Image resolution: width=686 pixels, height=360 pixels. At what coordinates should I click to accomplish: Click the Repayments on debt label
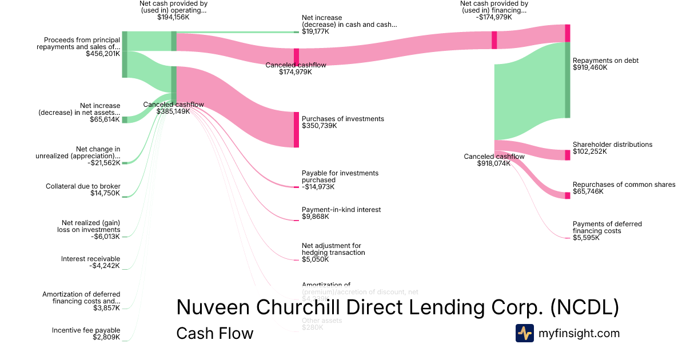pos(605,61)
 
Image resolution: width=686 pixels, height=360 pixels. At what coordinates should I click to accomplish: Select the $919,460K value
pos(590,67)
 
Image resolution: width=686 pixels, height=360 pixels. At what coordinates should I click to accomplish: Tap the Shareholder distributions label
pos(612,145)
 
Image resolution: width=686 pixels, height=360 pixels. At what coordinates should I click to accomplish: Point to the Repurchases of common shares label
pos(624,185)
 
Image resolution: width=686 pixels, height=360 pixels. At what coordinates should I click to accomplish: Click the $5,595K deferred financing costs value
pos(586,238)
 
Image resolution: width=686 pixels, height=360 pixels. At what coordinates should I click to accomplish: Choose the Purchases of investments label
pos(342,119)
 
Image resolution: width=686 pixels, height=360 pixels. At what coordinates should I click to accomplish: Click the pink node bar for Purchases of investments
pos(296,130)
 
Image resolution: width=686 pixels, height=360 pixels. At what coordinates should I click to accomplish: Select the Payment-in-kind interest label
pos(341,210)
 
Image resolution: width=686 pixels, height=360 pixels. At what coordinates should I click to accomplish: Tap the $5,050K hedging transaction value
pos(315,259)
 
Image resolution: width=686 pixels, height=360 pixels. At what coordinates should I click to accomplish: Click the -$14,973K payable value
pos(318,187)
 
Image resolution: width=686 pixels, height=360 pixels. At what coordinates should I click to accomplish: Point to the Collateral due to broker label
pos(83,186)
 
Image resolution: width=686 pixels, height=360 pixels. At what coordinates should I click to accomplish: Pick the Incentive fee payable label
pos(86,330)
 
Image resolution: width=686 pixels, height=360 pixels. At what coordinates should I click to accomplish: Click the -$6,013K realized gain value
pos(105,237)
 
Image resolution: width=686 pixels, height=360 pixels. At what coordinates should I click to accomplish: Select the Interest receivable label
pos(90,259)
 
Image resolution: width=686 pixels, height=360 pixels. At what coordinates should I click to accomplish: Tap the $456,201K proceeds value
pos(103,54)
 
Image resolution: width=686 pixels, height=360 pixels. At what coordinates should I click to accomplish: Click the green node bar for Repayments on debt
pos(568,80)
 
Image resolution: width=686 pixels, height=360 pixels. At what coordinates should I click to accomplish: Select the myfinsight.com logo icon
pos(524,333)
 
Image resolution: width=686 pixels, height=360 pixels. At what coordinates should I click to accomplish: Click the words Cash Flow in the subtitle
pos(214,333)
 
